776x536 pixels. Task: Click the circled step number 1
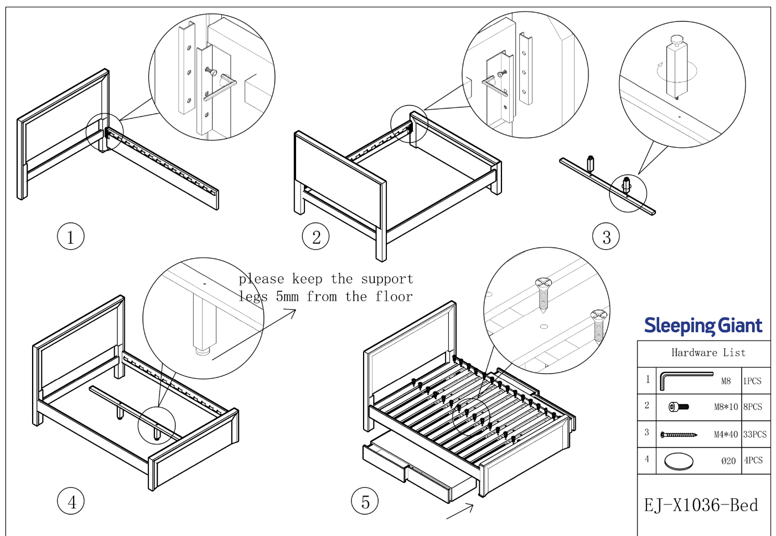click(x=70, y=236)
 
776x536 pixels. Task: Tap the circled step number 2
click(x=315, y=236)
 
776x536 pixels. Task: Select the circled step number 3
click(x=606, y=236)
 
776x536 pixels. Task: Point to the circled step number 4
click(x=71, y=502)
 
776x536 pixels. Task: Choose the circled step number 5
click(x=365, y=502)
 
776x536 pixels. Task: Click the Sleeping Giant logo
click(x=703, y=326)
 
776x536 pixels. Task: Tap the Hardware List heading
click(x=708, y=353)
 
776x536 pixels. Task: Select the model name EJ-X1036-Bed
click(x=701, y=505)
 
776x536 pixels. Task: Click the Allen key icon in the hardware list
click(x=685, y=380)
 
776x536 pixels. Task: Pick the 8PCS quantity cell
click(x=753, y=407)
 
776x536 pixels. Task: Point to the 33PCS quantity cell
click(x=755, y=435)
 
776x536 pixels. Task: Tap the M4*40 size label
click(x=726, y=435)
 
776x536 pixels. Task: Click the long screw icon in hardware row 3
click(x=679, y=435)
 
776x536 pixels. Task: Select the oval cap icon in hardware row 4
click(x=679, y=461)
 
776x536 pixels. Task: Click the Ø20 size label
click(x=728, y=461)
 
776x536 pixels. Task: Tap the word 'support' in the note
click(x=387, y=279)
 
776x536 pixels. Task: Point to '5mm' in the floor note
click(x=287, y=297)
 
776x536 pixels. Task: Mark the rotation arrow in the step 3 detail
click(x=661, y=71)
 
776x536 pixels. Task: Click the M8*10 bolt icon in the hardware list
click(x=679, y=407)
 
